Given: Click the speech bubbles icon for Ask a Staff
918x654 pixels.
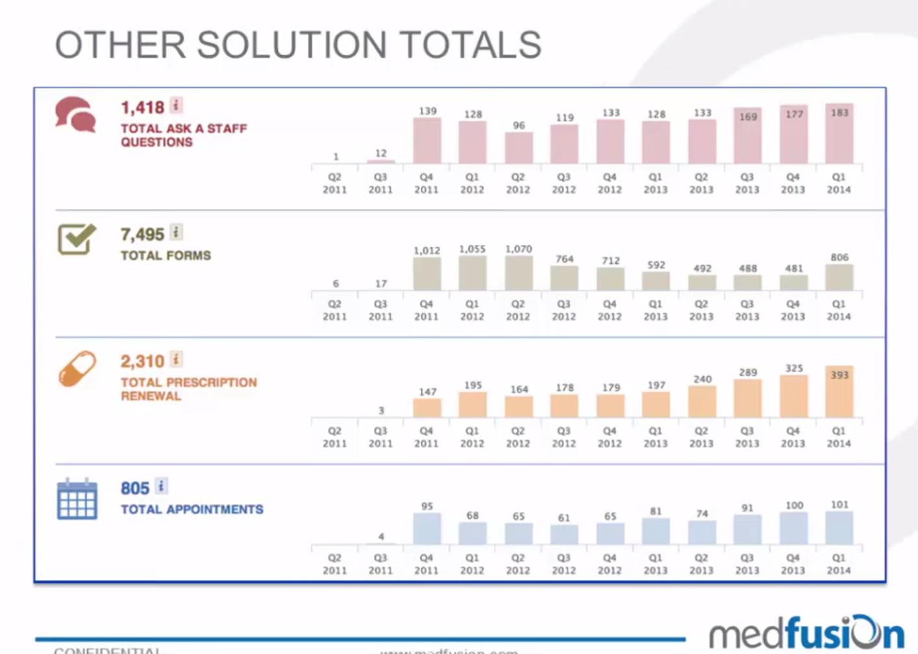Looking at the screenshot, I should point(75,114).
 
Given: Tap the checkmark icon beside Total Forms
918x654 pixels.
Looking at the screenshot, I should point(77,238).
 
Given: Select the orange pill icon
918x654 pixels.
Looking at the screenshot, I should point(77,368).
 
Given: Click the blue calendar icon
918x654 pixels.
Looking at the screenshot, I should point(77,499).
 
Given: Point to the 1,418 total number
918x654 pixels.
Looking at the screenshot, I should point(142,107).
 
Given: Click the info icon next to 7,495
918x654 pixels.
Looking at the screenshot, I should point(176,232).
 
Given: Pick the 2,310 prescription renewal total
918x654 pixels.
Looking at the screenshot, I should point(142,361).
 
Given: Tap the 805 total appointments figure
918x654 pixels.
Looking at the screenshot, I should point(135,488).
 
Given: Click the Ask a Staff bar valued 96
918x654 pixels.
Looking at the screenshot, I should point(519,148).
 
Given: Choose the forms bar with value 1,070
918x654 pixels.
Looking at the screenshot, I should point(519,273).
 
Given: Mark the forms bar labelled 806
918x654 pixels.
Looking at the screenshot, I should point(839,277).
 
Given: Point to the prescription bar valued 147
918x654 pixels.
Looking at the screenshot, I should point(427,408).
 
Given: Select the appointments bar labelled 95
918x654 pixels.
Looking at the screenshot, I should point(427,529).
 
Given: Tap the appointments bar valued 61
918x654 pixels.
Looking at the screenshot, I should point(564,535).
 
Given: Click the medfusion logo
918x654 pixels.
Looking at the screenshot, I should point(806,633).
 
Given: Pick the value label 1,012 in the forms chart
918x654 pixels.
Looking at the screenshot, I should point(427,251).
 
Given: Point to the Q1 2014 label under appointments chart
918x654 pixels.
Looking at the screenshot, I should point(839,564).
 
